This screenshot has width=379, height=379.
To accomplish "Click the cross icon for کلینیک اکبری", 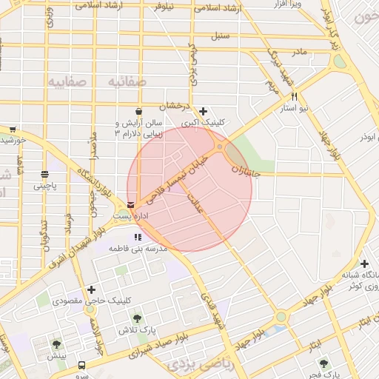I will [x=204, y=111].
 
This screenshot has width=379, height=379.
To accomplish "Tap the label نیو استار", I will [x=295, y=108].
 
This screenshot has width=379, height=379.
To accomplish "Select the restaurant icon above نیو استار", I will [x=295, y=96].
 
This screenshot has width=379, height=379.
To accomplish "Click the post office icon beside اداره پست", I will [x=131, y=204].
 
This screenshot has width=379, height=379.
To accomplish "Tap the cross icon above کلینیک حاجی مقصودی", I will [x=91, y=289].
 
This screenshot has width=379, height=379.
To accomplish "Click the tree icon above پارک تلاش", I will [x=136, y=318].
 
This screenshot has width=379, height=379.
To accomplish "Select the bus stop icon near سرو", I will [x=81, y=365].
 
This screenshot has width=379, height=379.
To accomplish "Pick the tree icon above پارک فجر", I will [x=323, y=363].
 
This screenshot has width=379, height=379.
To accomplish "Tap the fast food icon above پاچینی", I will [x=45, y=175].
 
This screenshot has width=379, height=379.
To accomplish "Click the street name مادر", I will [x=298, y=53].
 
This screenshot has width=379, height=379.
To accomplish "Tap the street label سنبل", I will [x=220, y=35].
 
